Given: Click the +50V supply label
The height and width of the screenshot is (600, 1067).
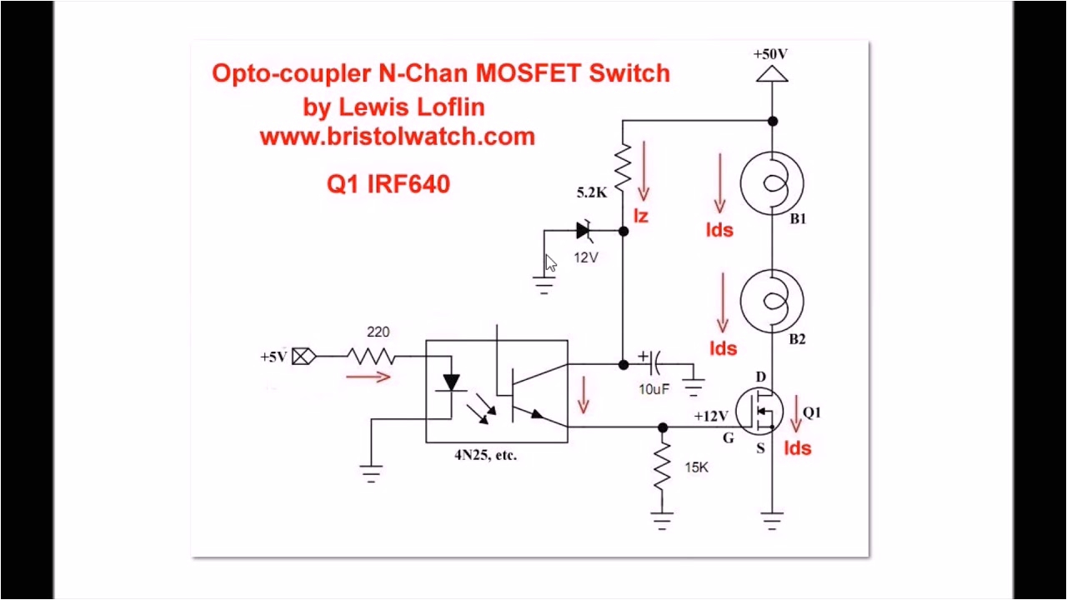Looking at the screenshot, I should (x=770, y=54).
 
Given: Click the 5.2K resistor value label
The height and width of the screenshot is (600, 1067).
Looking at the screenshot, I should (x=592, y=192).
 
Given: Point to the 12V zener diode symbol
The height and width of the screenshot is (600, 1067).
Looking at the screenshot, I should (x=585, y=231).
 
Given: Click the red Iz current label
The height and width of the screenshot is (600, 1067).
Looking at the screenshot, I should (x=640, y=217).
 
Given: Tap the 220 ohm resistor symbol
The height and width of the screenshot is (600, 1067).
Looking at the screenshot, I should (x=370, y=357).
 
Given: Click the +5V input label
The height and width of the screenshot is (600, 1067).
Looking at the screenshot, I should (x=273, y=357).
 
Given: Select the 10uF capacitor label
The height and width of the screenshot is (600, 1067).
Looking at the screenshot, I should (x=654, y=389).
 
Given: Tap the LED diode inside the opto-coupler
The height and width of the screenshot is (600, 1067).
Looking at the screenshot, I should (x=451, y=382).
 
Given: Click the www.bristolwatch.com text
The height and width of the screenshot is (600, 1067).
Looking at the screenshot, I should (x=397, y=136).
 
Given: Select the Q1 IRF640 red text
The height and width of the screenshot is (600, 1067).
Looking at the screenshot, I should (x=388, y=184).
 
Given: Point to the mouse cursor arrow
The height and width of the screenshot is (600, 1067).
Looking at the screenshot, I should (x=550, y=263).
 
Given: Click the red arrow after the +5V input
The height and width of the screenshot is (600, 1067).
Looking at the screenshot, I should (x=368, y=377).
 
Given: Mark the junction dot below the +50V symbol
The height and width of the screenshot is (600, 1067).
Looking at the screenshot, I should (x=773, y=121).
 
